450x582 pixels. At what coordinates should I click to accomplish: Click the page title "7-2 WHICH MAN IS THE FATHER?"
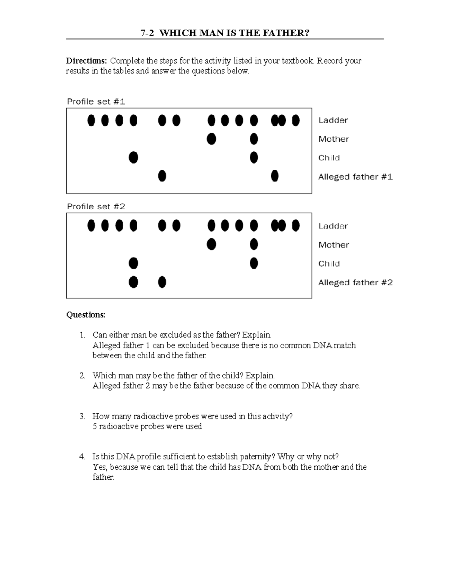(x=225, y=33)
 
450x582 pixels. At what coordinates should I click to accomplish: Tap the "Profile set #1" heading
(x=96, y=102)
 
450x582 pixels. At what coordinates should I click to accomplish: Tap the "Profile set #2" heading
(x=96, y=206)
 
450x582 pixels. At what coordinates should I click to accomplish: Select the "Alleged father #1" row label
(x=355, y=177)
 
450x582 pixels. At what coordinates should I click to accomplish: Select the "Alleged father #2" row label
(x=355, y=283)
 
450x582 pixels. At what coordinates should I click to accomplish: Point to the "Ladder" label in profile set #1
(x=333, y=120)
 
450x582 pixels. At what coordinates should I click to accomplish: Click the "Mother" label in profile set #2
(x=333, y=245)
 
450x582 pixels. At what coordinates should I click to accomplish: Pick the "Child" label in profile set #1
(x=329, y=158)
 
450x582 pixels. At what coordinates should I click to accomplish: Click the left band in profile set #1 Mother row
(x=211, y=139)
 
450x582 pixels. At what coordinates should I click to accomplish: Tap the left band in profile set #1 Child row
(x=133, y=157)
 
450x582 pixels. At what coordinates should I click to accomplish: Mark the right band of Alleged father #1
(x=275, y=175)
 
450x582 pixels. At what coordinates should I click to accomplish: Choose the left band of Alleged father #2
(x=133, y=282)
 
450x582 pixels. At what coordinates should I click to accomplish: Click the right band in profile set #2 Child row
(x=254, y=263)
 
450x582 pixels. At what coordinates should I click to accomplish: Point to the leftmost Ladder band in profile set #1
(x=91, y=120)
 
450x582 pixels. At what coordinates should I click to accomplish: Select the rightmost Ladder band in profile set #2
(x=295, y=226)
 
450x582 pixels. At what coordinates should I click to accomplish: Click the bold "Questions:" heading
(x=86, y=315)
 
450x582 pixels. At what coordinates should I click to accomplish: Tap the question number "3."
(x=82, y=416)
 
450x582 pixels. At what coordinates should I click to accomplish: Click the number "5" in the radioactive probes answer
(x=94, y=426)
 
